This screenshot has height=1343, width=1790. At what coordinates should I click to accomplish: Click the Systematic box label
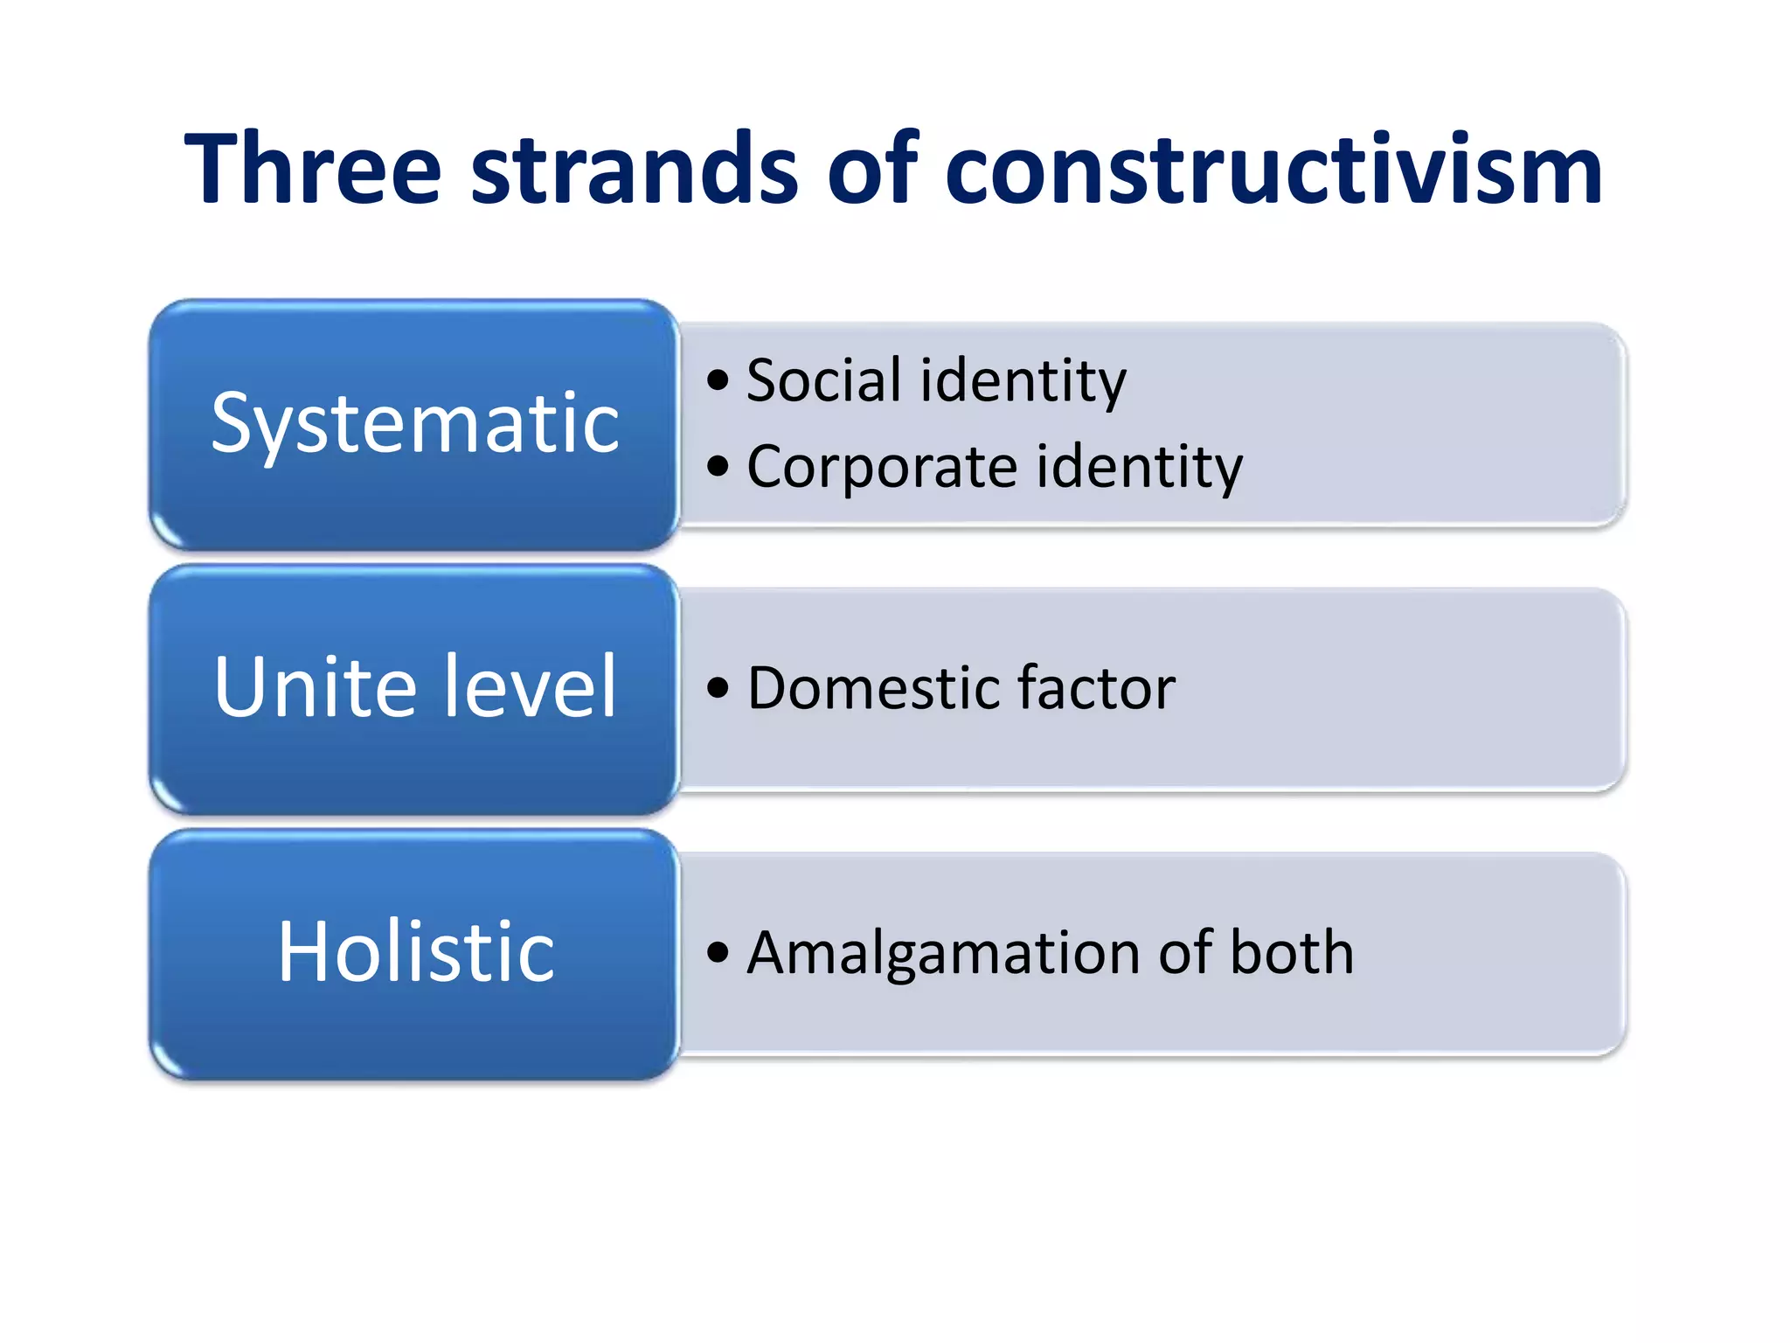click(415, 424)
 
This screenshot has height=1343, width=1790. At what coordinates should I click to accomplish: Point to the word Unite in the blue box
click(316, 687)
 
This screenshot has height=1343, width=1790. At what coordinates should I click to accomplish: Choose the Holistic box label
click(415, 951)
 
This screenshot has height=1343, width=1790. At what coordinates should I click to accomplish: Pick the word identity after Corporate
click(1140, 469)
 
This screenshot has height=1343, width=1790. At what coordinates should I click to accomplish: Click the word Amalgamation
click(943, 953)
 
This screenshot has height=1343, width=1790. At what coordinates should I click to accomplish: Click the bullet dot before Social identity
click(718, 380)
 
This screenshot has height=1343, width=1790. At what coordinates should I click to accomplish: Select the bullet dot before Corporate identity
click(718, 466)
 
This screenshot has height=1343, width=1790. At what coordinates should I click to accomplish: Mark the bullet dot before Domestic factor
click(718, 688)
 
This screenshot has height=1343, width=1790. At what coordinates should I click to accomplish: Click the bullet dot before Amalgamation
click(718, 952)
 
